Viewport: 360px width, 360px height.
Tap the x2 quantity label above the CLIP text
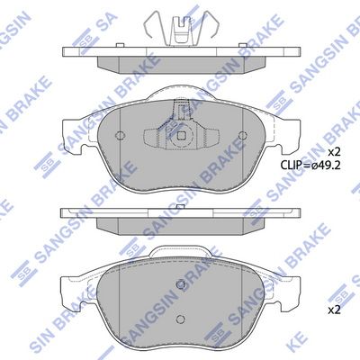tap(334, 151)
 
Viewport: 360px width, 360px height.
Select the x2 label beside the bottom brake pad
tap(334, 310)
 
